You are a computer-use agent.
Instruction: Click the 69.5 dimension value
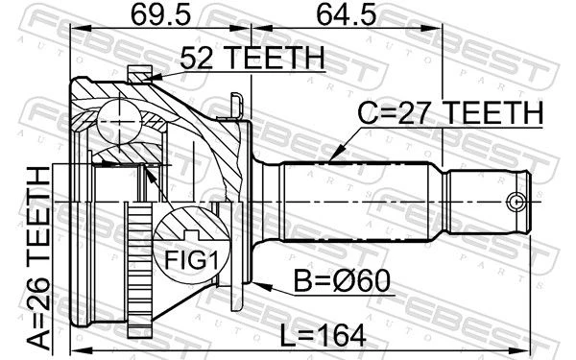coord(160,15)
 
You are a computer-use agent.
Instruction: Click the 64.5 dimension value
coord(347,15)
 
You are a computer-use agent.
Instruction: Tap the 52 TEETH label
coord(252,58)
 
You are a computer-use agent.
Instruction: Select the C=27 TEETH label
coord(450,112)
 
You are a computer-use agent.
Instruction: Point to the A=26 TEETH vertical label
coord(38,258)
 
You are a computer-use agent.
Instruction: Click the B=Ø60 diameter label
coord(342,281)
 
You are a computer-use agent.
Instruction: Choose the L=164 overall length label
coord(323,335)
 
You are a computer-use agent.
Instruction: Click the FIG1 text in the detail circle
coord(191,260)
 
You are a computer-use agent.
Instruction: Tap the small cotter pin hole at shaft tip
coord(516,202)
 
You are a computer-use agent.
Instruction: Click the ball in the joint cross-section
coord(119,122)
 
